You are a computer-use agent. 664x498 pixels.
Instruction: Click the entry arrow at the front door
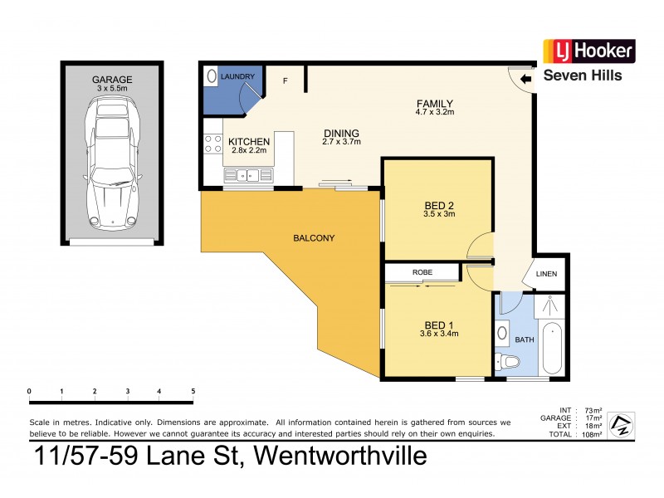pyautogui.click(x=525, y=81)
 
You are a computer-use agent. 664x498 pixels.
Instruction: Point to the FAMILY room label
pyautogui.click(x=434, y=105)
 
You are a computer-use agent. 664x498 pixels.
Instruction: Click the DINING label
pyautogui.click(x=341, y=133)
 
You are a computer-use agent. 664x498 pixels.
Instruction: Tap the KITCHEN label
pyautogui.click(x=249, y=142)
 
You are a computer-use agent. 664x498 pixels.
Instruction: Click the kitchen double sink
pyautogui.click(x=247, y=174)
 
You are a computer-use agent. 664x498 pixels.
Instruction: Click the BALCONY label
pyautogui.click(x=314, y=238)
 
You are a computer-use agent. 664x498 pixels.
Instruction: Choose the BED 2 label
pyautogui.click(x=437, y=205)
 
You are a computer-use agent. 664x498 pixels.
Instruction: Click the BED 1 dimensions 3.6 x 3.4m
pyautogui.click(x=438, y=334)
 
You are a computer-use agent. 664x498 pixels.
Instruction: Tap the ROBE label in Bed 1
pyautogui.click(x=420, y=272)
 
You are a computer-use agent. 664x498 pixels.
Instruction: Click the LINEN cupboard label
pyautogui.click(x=546, y=275)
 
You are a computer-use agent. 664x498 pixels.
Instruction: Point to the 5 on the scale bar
pyautogui.click(x=193, y=391)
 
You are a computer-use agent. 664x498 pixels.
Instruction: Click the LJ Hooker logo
pyautogui.click(x=588, y=51)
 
